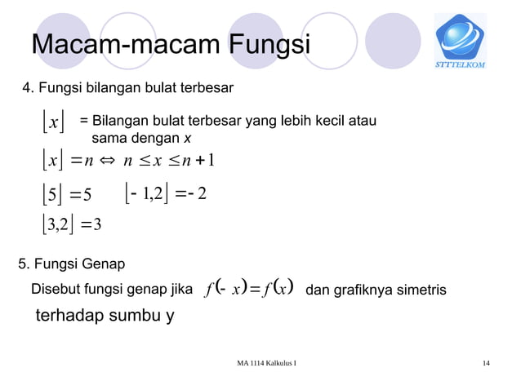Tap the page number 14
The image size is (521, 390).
pos(487,362)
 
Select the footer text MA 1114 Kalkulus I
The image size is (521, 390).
pos(261,362)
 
